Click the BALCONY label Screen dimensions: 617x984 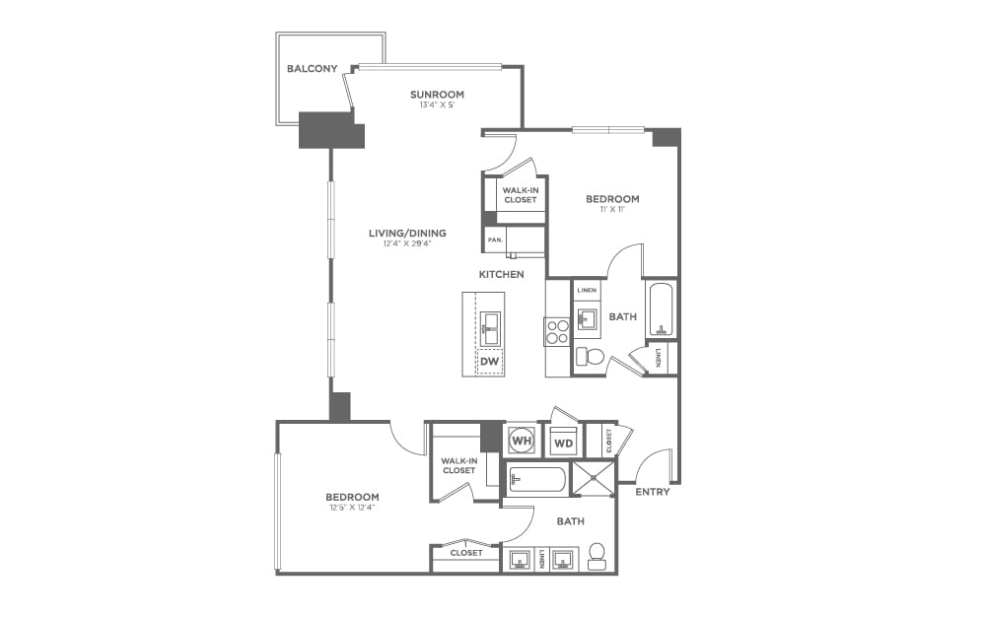click(312, 69)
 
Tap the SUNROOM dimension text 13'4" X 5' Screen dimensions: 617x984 click(437, 106)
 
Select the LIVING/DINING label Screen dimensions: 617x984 click(407, 234)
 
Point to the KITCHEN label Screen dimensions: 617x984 click(501, 274)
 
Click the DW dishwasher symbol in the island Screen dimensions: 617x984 click(489, 362)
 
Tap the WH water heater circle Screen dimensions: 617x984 click(521, 440)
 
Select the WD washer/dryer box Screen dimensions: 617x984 click(563, 443)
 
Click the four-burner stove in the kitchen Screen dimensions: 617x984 click(557, 331)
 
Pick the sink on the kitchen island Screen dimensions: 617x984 click(490, 326)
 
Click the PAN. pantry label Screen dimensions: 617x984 click(494, 239)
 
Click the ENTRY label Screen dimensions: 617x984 click(653, 491)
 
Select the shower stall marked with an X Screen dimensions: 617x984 click(595, 480)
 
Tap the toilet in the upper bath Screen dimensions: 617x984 click(593, 356)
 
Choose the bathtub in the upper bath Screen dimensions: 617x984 click(660, 308)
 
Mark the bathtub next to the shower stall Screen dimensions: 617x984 click(537, 480)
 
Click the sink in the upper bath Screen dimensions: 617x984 click(589, 318)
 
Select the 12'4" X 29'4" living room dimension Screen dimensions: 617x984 click(407, 244)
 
